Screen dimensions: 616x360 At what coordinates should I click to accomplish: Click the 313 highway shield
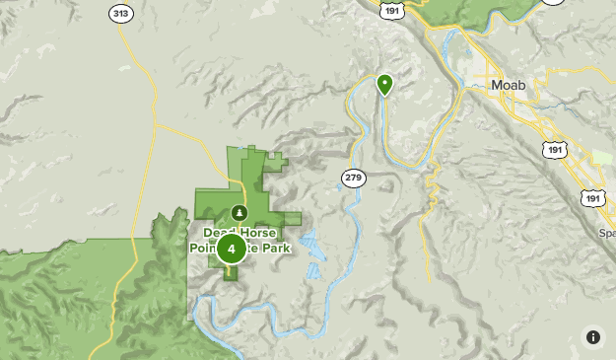(121, 13)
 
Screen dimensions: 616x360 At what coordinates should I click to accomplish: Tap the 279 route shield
(353, 178)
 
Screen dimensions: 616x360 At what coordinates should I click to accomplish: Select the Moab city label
(508, 86)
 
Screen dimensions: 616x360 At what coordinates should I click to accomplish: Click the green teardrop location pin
(384, 84)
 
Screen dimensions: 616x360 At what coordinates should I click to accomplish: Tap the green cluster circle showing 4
(231, 249)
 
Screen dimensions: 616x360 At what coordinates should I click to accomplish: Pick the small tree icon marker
(239, 212)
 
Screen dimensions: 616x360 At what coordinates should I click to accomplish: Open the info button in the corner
(592, 336)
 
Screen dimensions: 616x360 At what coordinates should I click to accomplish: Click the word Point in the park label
(203, 250)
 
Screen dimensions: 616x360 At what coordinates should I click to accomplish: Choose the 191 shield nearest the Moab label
(553, 147)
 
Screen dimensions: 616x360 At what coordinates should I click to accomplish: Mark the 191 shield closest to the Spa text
(592, 197)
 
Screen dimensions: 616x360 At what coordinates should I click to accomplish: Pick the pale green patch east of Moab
(600, 158)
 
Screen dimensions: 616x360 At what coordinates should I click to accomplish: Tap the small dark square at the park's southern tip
(232, 273)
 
